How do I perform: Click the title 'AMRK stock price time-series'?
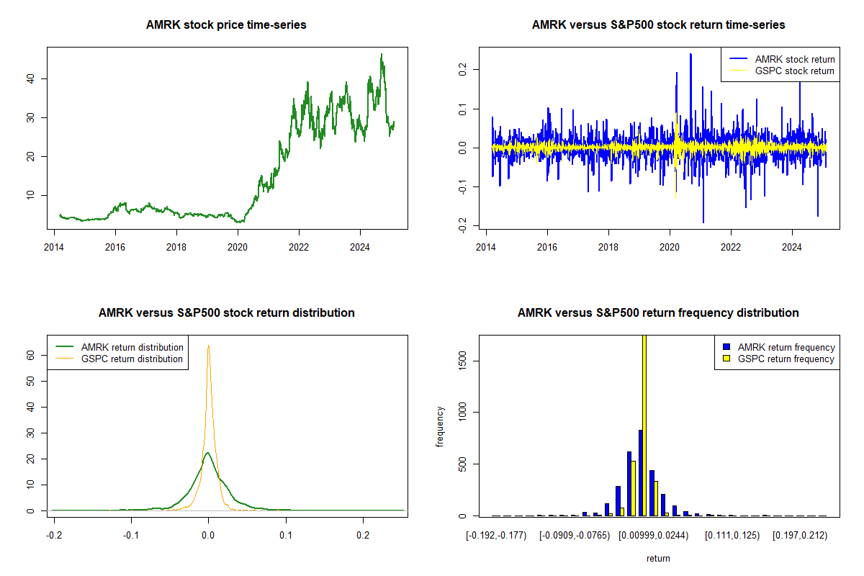tap(226, 25)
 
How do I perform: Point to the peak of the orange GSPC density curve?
tap(208, 346)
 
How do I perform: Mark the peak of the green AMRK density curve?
tap(207, 453)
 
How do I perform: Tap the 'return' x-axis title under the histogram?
tap(658, 558)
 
